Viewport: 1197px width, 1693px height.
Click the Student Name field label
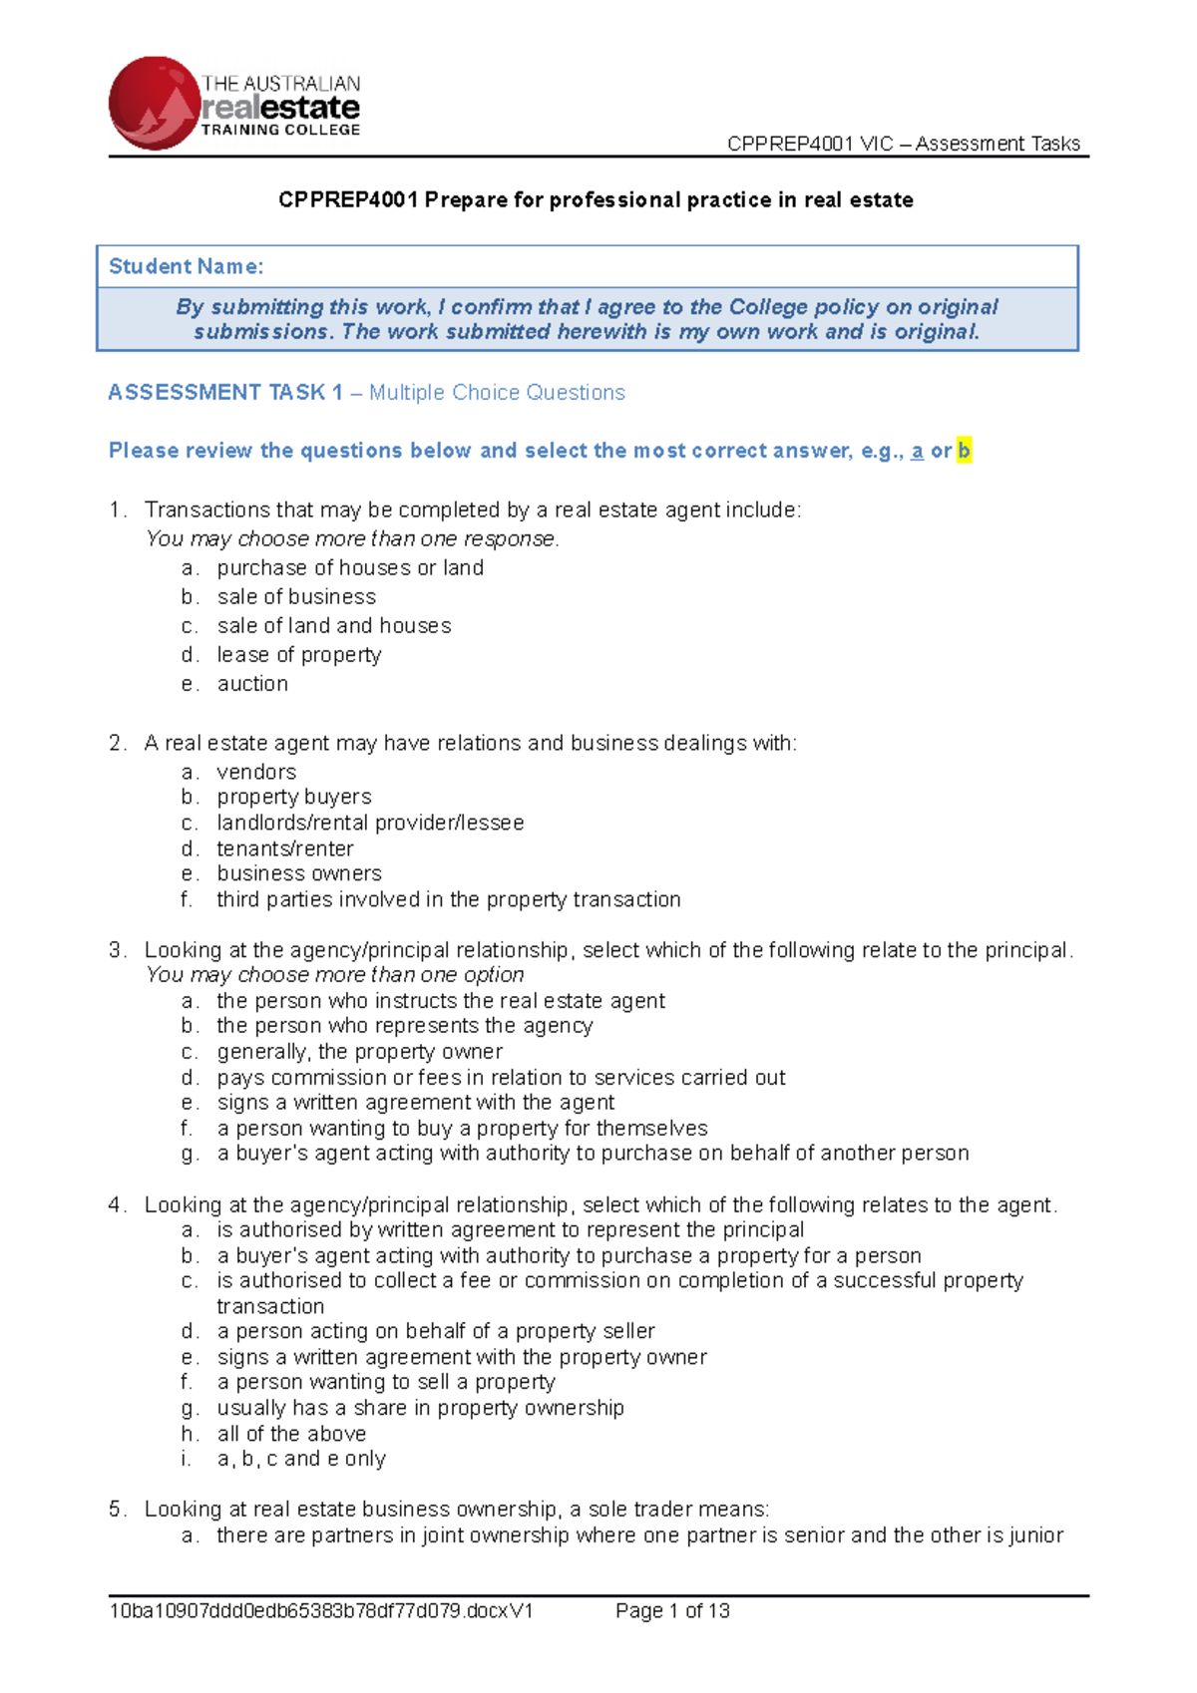[x=186, y=266]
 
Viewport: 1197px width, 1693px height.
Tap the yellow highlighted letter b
[x=964, y=451]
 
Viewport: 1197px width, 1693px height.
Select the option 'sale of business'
[x=296, y=596]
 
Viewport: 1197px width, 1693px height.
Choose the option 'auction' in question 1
[x=252, y=684]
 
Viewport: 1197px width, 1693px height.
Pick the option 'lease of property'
[x=299, y=655]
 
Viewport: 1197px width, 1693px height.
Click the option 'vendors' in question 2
[x=256, y=772]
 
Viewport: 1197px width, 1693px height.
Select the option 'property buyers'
[x=294, y=797]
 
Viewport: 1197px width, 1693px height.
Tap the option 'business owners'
[x=299, y=873]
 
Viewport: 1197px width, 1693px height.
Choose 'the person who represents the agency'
[x=404, y=1026]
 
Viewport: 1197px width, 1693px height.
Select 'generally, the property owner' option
[x=359, y=1052]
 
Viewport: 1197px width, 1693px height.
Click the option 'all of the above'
[x=291, y=1434]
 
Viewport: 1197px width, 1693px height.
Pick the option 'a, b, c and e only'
[x=301, y=1459]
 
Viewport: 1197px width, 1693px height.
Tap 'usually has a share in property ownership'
[x=420, y=1408]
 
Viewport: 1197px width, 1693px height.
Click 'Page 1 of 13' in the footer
[x=672, y=1610]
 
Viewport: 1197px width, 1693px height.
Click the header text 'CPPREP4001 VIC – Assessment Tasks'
[x=903, y=144]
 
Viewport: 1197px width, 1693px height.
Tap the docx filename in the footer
[x=321, y=1610]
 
